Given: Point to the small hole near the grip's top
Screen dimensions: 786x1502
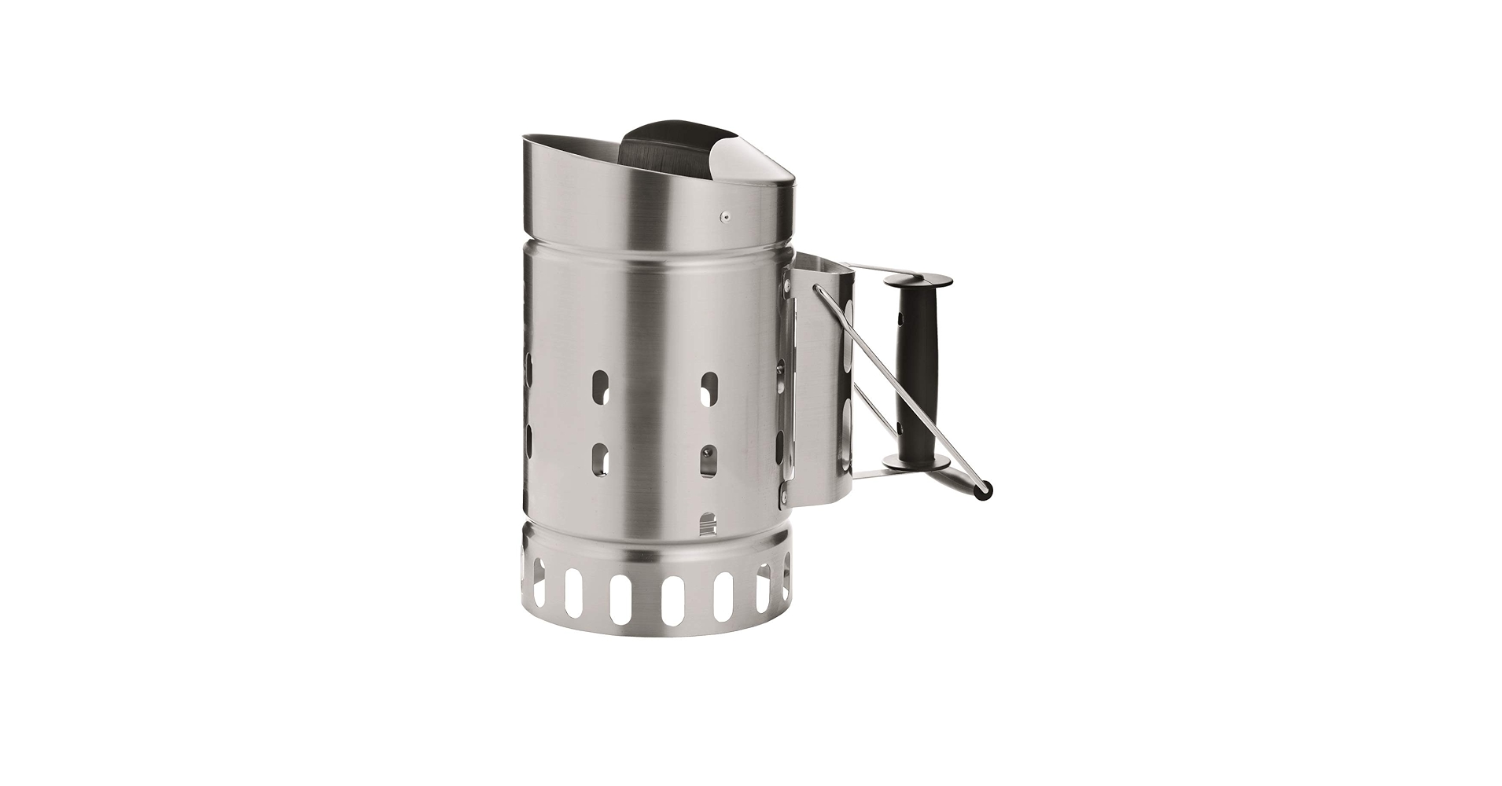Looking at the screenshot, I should coord(902,321).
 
